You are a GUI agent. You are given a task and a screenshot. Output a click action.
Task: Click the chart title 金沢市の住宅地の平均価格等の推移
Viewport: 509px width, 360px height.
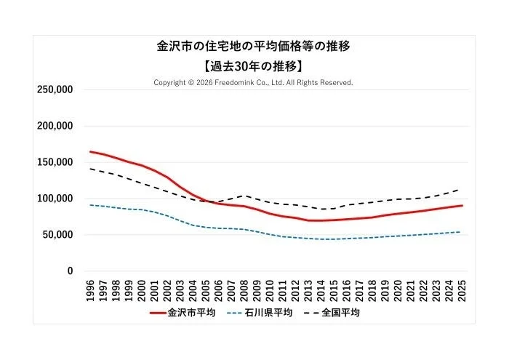[254, 47]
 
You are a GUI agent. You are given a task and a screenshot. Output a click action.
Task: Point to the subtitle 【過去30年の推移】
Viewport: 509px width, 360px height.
[254, 65]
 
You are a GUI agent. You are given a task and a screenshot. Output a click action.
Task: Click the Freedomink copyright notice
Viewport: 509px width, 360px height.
[253, 83]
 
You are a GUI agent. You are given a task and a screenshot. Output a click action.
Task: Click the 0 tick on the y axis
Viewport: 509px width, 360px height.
[71, 271]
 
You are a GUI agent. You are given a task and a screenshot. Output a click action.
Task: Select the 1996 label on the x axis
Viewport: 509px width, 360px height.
[91, 289]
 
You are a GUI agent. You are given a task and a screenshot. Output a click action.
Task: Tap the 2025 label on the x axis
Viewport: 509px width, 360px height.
[461, 289]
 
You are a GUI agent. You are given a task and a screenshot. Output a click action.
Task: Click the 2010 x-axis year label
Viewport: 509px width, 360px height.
[270, 289]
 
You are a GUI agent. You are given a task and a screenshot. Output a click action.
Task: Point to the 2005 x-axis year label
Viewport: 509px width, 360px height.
[206, 289]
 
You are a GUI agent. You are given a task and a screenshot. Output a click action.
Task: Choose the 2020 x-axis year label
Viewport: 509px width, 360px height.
[397, 289]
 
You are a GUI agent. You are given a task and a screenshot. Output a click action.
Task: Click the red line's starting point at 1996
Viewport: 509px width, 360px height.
[91, 152]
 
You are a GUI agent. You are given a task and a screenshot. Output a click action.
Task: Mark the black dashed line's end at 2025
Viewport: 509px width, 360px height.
[461, 189]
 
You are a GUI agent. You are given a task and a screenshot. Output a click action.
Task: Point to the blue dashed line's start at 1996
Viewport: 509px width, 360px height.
[91, 205]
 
